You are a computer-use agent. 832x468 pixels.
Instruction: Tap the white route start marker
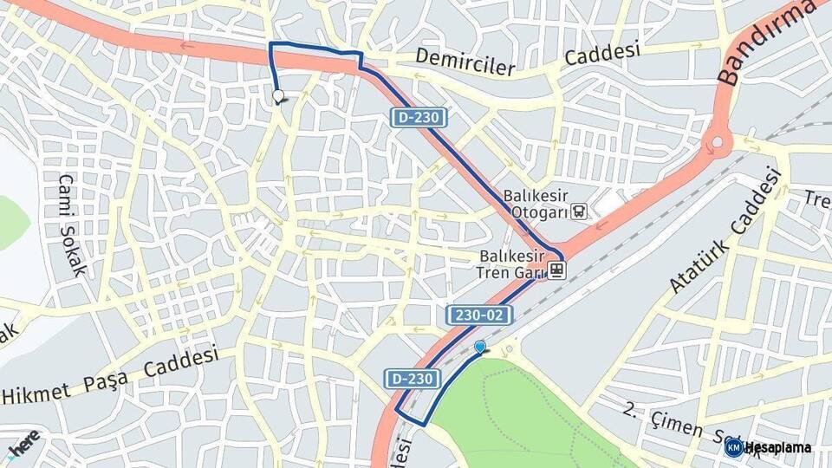point(278,95)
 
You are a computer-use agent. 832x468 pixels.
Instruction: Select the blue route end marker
point(480,347)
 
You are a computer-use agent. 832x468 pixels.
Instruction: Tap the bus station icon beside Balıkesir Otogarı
point(579,210)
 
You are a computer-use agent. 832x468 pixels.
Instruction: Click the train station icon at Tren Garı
point(556,270)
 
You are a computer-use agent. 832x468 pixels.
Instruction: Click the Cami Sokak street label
point(72,224)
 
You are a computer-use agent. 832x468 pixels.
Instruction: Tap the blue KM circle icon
point(733,447)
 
